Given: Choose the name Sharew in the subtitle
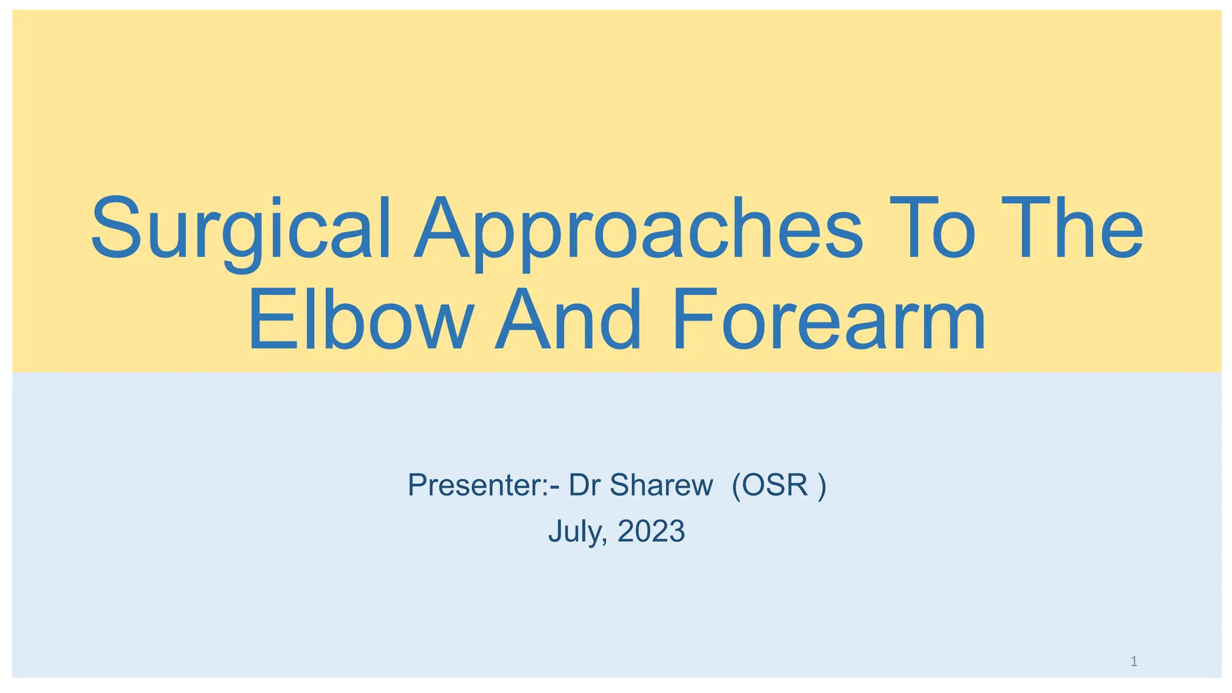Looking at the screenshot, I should [661, 485].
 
